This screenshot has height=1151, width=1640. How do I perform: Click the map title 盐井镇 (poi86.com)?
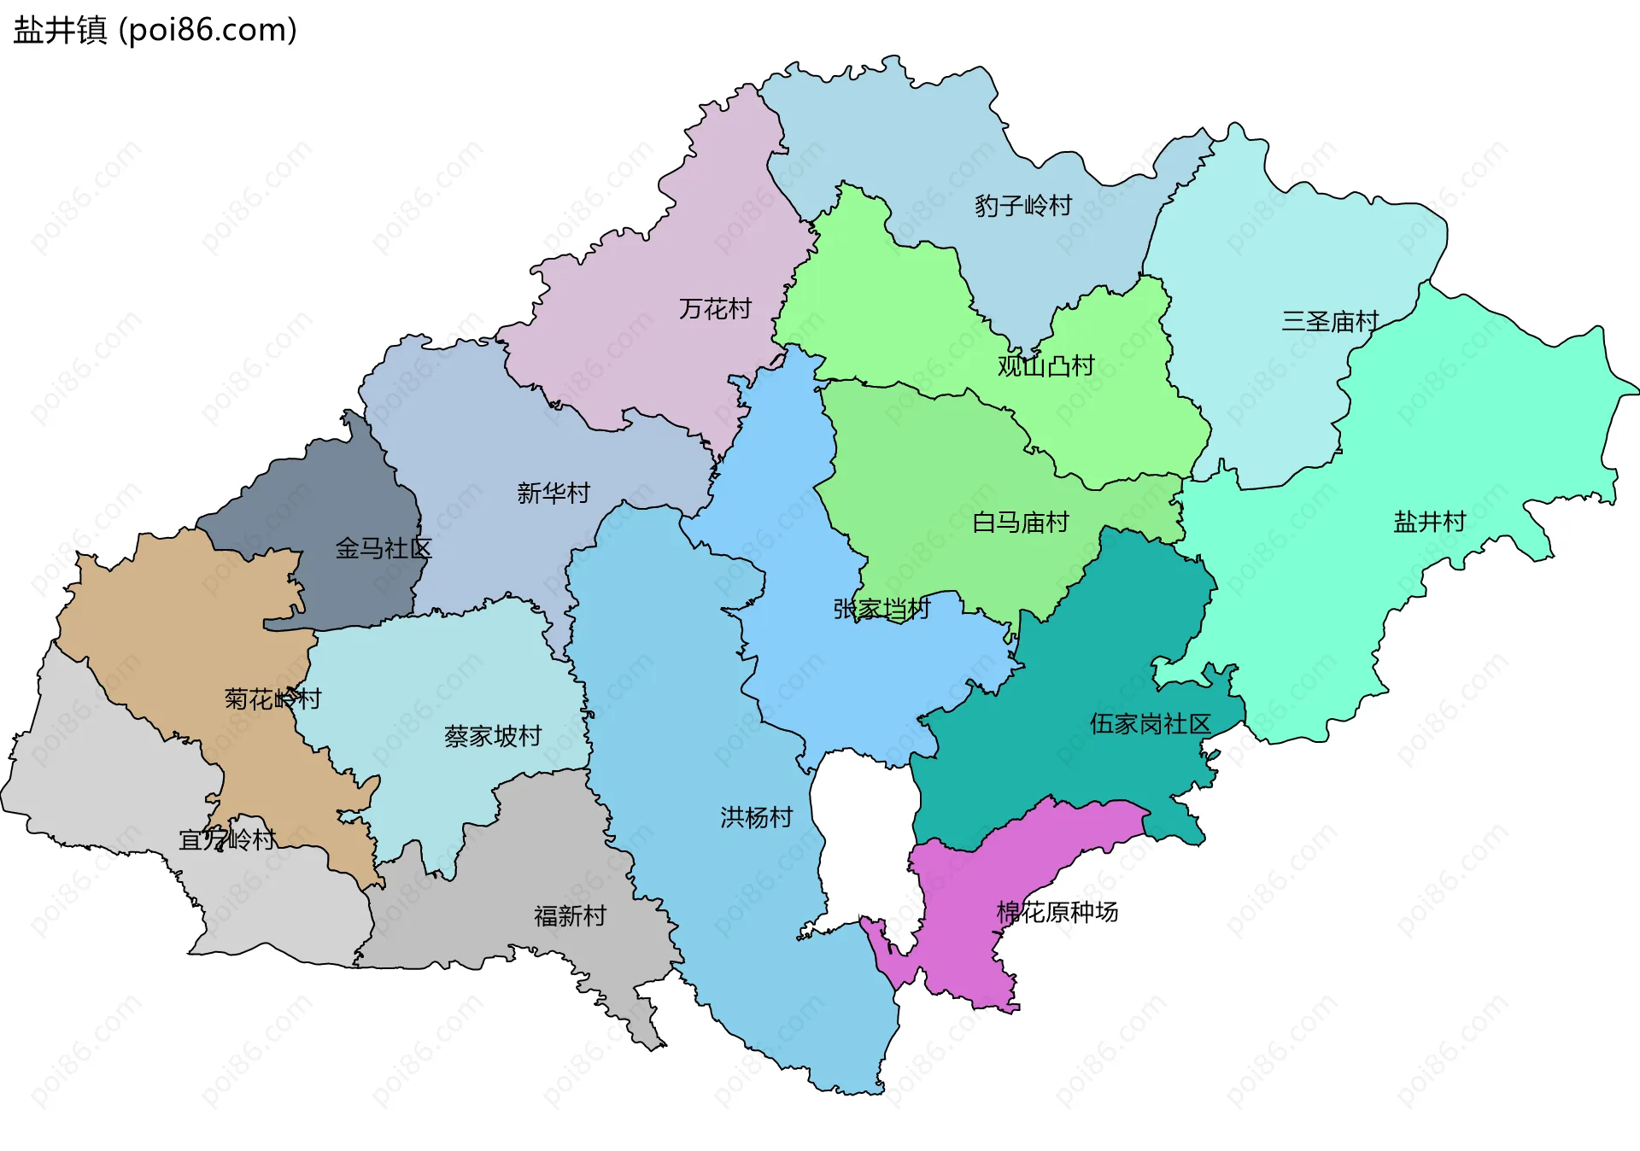click(x=155, y=30)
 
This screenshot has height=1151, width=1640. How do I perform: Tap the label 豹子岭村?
click(x=1022, y=206)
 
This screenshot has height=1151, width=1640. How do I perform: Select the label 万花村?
click(x=715, y=308)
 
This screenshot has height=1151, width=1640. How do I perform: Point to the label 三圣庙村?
click(x=1329, y=322)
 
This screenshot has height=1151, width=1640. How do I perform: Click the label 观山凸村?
click(x=1045, y=366)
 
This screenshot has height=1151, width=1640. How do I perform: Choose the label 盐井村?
click(x=1429, y=521)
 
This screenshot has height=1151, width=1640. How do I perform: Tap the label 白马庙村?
click(x=1020, y=522)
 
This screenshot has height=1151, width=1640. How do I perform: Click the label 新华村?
click(x=553, y=493)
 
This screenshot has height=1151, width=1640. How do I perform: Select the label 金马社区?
click(x=383, y=548)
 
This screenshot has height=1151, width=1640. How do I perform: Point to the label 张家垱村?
click(x=881, y=609)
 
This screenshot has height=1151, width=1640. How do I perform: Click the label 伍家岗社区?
click(x=1150, y=724)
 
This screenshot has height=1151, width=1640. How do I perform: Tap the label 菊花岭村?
click(x=272, y=699)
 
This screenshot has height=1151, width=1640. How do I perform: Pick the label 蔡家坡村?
click(x=492, y=736)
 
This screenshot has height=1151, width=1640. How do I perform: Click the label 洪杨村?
click(x=756, y=817)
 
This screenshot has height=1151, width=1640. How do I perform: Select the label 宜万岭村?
click(x=226, y=839)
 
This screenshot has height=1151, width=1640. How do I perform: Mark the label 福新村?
click(x=570, y=916)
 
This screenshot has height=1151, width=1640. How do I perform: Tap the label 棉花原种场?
click(x=1057, y=912)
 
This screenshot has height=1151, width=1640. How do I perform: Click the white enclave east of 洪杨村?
click(x=863, y=837)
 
